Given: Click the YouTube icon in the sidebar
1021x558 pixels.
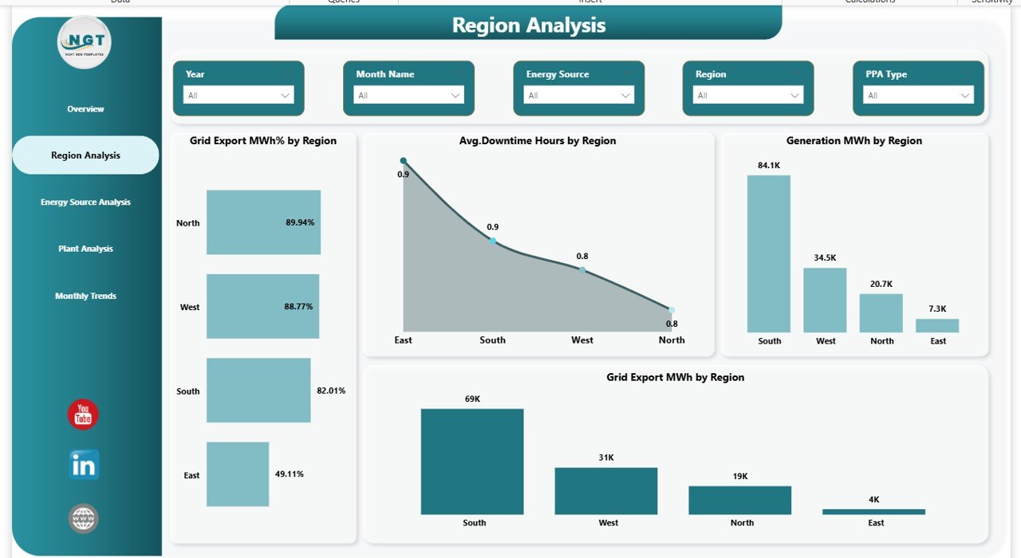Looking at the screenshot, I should coord(83,415).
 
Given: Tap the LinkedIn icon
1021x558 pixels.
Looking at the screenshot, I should coord(84,464).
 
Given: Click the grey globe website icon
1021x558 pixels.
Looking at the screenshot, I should coord(84,518).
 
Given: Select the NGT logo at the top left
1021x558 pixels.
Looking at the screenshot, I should coord(85,42).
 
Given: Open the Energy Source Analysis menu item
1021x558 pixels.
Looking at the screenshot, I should coord(85,202).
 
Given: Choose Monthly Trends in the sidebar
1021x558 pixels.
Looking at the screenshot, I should coord(85,296).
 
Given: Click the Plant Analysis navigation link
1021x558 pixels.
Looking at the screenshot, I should coord(85,249).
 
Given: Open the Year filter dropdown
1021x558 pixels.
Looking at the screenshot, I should coord(238,95).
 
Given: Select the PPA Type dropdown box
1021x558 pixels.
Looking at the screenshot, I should coord(918,95).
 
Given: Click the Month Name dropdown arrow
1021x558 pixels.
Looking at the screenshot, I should coord(455,95).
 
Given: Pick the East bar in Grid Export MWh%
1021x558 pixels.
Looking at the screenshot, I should coord(238,474).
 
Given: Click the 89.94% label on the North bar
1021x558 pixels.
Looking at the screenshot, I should coord(300,222).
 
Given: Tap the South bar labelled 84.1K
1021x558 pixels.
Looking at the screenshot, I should coord(769,253).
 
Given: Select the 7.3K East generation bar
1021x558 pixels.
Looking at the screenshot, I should coord(937,325).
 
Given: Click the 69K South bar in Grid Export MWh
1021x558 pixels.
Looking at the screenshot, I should coord(472,462).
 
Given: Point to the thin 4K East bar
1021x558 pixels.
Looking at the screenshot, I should coord(874,512).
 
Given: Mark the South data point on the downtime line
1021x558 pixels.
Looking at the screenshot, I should coord(493,241).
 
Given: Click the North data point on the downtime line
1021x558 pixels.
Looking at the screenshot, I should coord(672,310).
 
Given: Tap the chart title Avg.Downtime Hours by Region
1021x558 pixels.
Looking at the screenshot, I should coord(538,141).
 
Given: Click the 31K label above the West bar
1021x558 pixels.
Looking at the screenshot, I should coord(606,458).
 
